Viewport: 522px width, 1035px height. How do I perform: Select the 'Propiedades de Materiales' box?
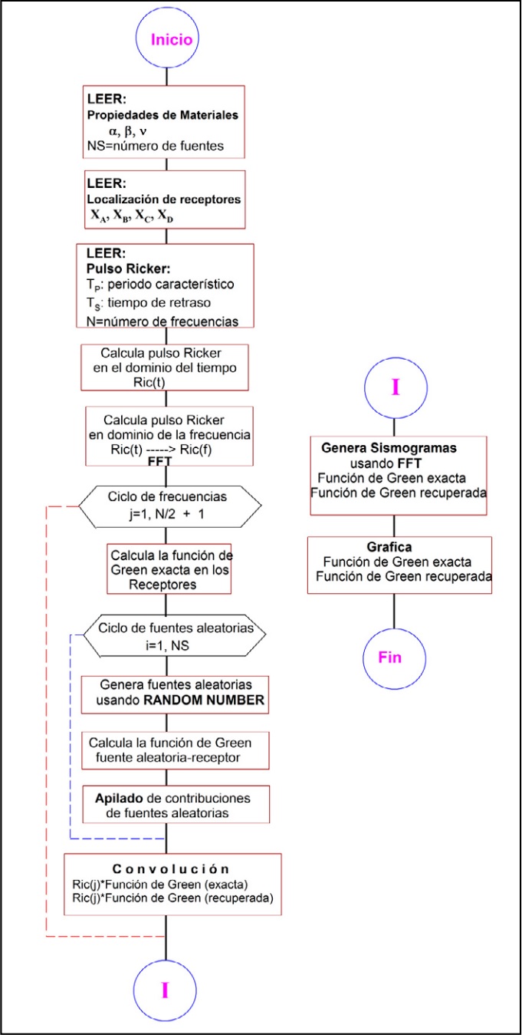[164, 120]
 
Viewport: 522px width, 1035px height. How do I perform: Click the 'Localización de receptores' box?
[164, 199]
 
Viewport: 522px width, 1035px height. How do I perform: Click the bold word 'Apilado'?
[115, 798]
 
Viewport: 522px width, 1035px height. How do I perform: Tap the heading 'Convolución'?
[171, 869]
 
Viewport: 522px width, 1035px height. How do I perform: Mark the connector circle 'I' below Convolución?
[166, 991]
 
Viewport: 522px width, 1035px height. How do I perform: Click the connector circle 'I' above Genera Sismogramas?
[395, 387]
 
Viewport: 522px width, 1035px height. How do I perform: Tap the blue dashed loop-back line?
[71, 737]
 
